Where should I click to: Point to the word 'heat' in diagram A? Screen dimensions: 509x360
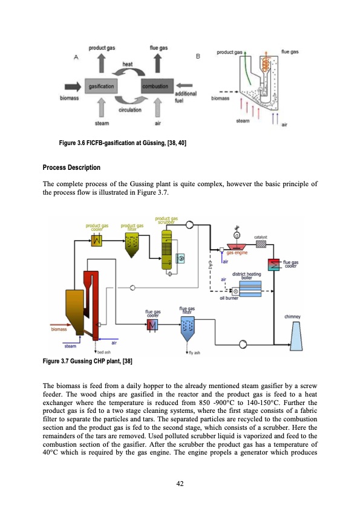tap(128, 63)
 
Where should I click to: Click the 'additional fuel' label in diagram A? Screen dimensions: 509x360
tap(185, 96)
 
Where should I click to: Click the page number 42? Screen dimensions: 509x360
tap(180, 482)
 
